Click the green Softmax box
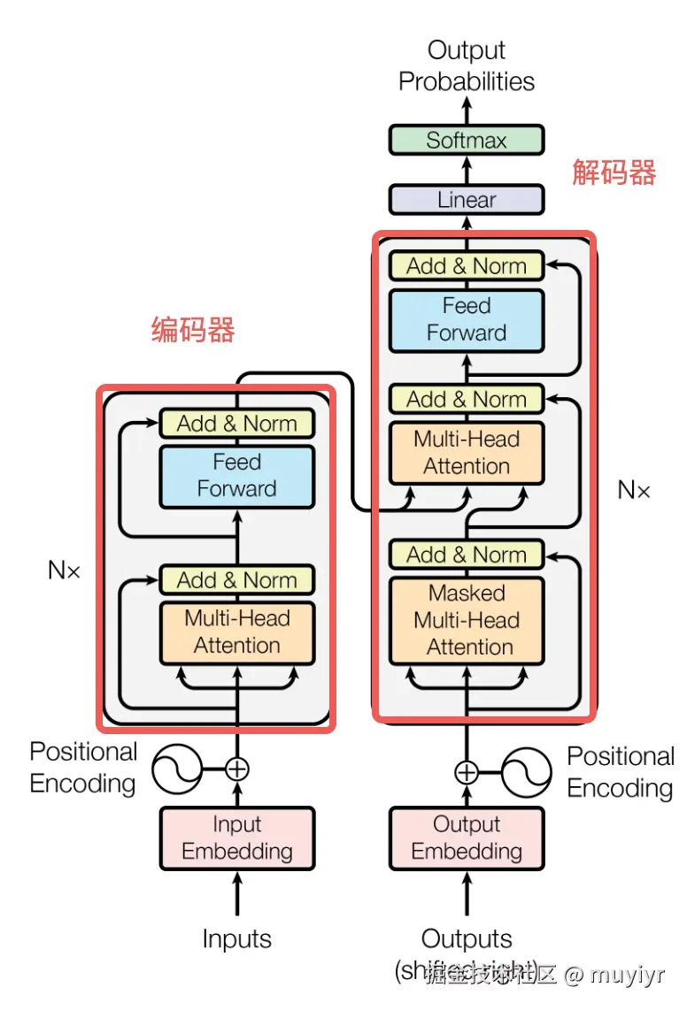(467, 140)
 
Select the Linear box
(467, 199)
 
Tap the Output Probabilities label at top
(467, 65)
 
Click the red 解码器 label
(614, 172)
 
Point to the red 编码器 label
(193, 330)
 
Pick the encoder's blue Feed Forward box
(236, 476)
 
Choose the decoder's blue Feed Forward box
(467, 319)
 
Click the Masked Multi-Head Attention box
(467, 620)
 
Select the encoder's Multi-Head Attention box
(236, 631)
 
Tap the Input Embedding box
(236, 838)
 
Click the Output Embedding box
(467, 838)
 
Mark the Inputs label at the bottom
(236, 938)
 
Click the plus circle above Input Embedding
(236, 769)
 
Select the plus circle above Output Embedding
(467, 772)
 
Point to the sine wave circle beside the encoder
(177, 769)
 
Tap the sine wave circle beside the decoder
(528, 772)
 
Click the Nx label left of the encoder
(64, 570)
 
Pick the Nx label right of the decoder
(634, 490)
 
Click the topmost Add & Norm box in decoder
(467, 266)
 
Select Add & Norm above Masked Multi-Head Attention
(467, 555)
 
